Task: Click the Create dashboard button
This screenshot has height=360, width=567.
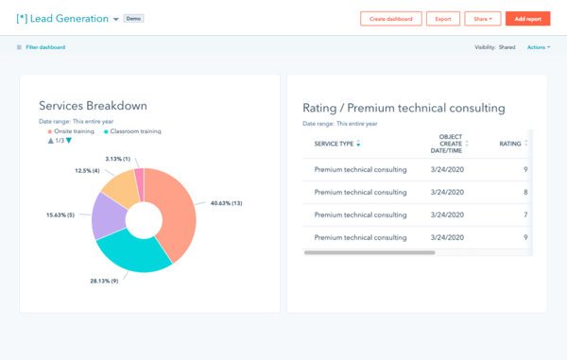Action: [x=390, y=19]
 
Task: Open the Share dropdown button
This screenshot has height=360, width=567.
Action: [x=482, y=19]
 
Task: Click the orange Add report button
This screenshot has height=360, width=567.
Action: [x=528, y=19]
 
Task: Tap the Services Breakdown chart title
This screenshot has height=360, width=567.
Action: [x=93, y=106]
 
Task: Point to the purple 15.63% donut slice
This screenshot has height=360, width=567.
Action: [x=107, y=215]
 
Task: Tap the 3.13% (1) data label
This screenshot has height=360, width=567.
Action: [x=118, y=158]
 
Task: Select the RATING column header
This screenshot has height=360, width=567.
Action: [x=510, y=144]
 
